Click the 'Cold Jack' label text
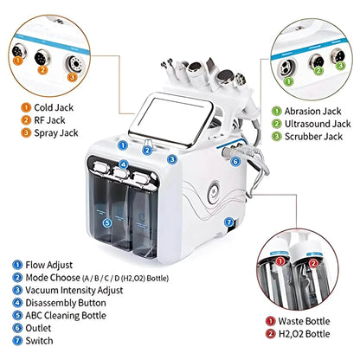[x=54, y=107]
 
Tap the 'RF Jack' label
[x=49, y=120]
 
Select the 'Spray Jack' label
[x=56, y=133]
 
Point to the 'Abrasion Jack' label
[x=312, y=111]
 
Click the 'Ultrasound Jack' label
[x=318, y=124]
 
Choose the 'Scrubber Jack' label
[x=313, y=137]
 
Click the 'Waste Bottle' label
[x=304, y=321]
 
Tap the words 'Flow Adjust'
[x=49, y=265]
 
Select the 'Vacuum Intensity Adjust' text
[x=74, y=290]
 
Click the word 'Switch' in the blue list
[x=39, y=341]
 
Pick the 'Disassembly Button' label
[x=66, y=303]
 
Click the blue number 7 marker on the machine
[x=228, y=222]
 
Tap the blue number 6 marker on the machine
[x=235, y=162]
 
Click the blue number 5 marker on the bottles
[x=107, y=222]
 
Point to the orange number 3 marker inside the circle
[x=72, y=77]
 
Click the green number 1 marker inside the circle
[x=288, y=81]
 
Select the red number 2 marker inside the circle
[x=313, y=263]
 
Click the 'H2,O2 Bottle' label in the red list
[x=304, y=334]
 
